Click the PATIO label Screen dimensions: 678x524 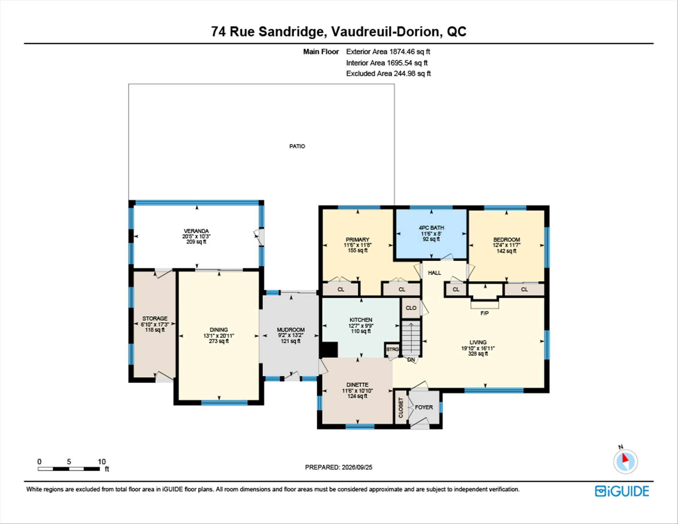click(x=297, y=146)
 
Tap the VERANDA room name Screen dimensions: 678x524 click(x=196, y=231)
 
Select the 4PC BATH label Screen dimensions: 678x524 click(x=431, y=228)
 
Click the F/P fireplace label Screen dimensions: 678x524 click(x=484, y=313)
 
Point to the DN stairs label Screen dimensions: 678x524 click(x=411, y=360)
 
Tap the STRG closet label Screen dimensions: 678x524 click(x=392, y=349)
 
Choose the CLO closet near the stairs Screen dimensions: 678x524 click(x=411, y=308)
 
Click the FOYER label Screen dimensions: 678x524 click(x=424, y=407)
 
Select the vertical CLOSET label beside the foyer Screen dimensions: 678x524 click(x=401, y=408)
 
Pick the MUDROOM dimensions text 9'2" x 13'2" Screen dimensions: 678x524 click(x=291, y=335)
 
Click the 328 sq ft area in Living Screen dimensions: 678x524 click(x=478, y=354)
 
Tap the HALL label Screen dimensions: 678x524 click(x=434, y=273)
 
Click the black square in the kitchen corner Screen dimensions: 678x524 click(x=329, y=350)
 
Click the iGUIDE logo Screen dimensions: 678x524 click(x=622, y=491)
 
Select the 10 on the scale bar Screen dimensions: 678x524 click(x=102, y=461)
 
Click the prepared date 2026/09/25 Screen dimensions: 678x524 click(x=357, y=467)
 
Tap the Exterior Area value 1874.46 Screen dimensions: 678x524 click(x=402, y=52)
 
